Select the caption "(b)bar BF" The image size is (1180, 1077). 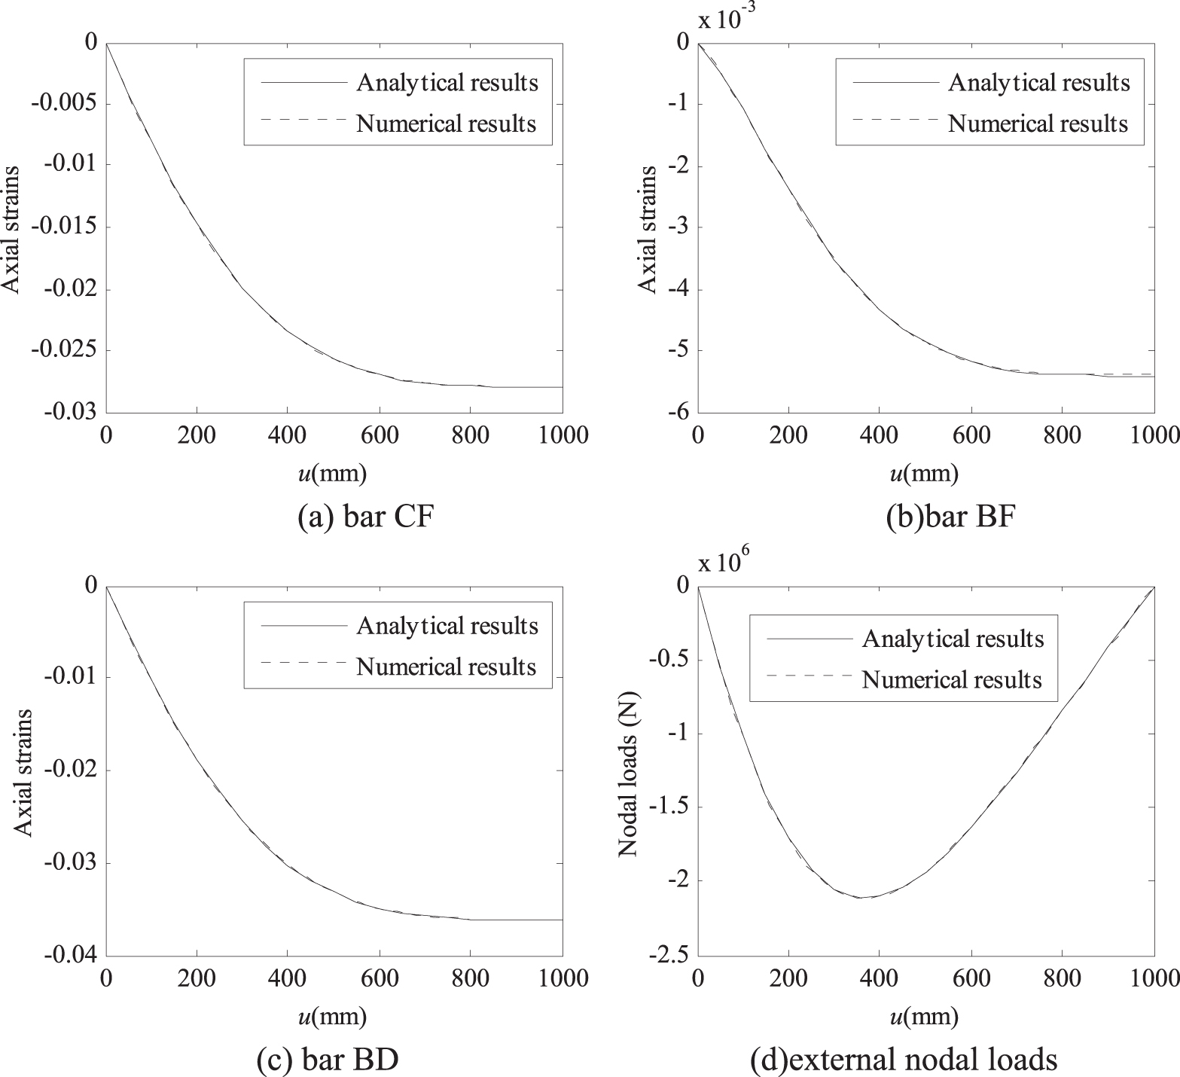[x=953, y=518]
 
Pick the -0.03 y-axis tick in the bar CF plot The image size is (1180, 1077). [x=69, y=412]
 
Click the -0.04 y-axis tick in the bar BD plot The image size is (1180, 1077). [x=69, y=956]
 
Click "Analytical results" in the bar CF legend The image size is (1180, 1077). [x=447, y=82]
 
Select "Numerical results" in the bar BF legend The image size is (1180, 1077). [x=1038, y=124]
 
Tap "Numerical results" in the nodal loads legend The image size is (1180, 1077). [x=952, y=680]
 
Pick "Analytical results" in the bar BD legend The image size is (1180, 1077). [x=447, y=626]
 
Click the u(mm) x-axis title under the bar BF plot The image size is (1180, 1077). [x=924, y=473]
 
